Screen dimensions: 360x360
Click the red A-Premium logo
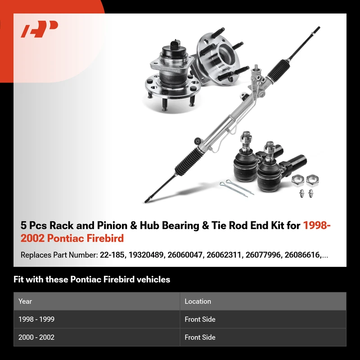point(39,29)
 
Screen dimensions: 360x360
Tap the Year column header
point(25,301)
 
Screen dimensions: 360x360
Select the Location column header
point(198,301)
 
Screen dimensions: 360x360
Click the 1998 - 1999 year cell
point(36,319)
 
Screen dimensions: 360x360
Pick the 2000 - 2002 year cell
point(36,337)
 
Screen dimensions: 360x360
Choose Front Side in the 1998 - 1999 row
point(200,319)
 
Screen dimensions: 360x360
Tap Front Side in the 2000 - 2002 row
point(200,337)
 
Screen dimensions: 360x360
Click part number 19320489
point(146,255)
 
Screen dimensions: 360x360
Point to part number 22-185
point(112,255)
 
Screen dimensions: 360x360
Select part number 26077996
point(263,255)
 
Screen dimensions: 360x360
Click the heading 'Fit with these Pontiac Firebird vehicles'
point(92,279)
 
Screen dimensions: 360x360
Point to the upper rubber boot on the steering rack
point(278,70)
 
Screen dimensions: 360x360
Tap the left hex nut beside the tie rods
point(298,180)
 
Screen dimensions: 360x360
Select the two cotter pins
point(236,188)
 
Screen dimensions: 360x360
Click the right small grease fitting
point(310,193)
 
